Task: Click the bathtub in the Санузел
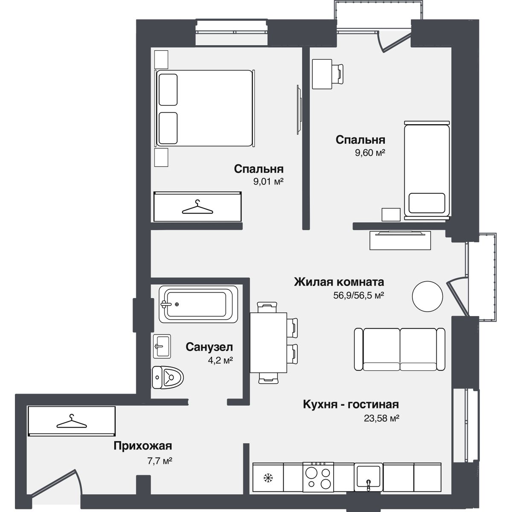tap(198, 304)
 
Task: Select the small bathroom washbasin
tap(162, 346)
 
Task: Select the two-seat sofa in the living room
tap(400, 349)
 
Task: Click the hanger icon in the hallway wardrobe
tap(71, 422)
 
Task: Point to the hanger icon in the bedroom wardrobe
tap(197, 207)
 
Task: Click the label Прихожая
tap(143, 446)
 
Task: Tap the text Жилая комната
tap(339, 282)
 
